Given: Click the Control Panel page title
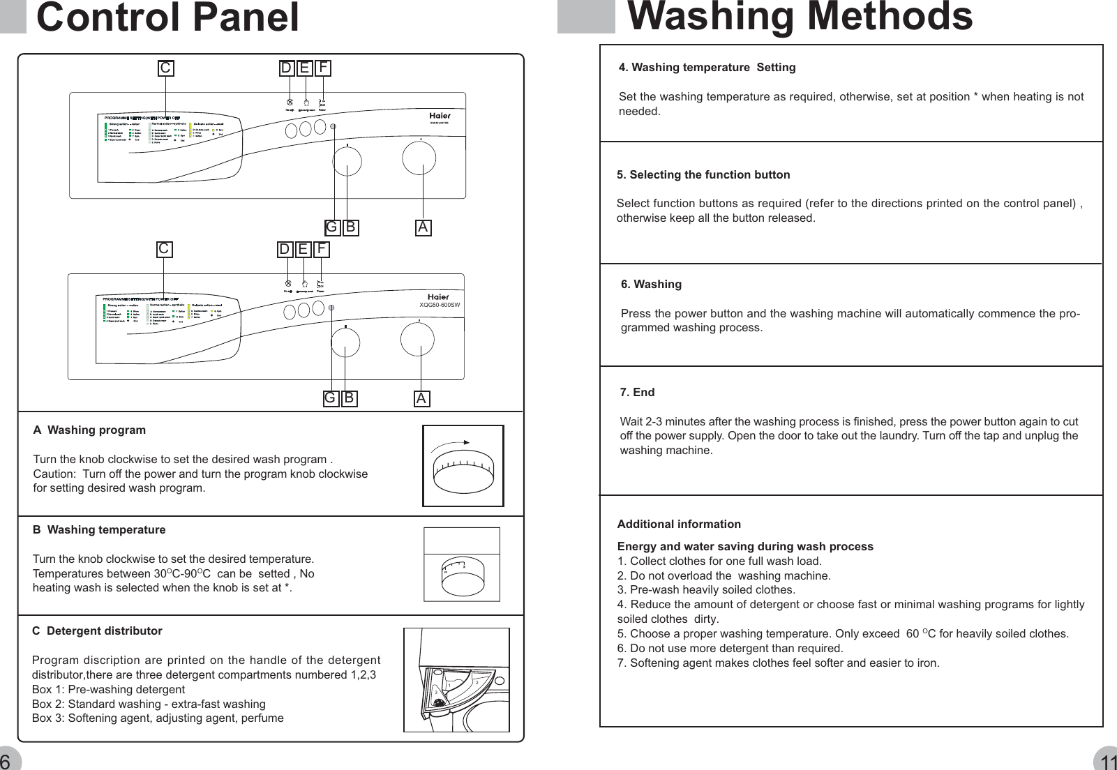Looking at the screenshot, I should tap(167, 18).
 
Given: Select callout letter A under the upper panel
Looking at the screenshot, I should tap(423, 227).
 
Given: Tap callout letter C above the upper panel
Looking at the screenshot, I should tap(165, 68).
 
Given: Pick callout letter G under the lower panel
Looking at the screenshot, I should tap(331, 398).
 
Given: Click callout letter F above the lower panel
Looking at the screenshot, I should tap(321, 249).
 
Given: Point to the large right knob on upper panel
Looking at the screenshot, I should tap(419, 160).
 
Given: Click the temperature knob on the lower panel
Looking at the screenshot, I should tap(345, 342).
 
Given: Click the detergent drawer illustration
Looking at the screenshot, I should tap(456, 680).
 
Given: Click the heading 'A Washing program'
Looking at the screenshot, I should tap(89, 430).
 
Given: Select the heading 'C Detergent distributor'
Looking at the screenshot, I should tap(97, 631).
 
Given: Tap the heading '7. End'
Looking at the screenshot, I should tap(637, 392).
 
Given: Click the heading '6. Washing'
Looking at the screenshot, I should tap(651, 284).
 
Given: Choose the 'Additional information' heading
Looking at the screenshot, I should tap(679, 524).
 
